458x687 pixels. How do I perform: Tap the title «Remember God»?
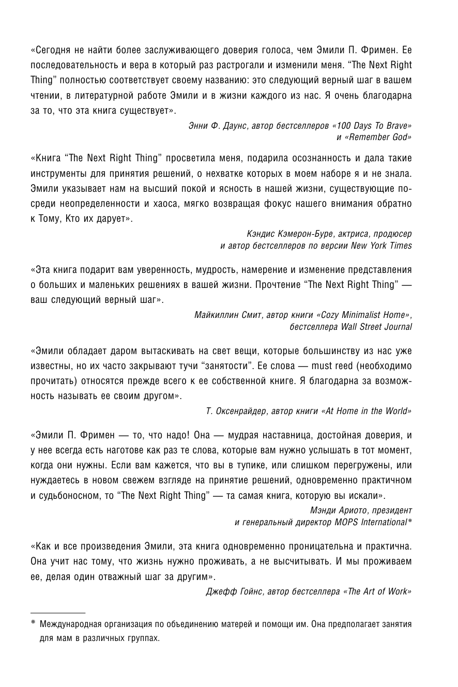point(376,138)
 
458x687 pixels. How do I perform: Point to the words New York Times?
point(381,246)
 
